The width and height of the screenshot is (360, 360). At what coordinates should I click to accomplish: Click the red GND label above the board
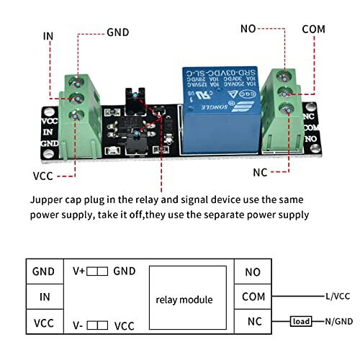[118, 32]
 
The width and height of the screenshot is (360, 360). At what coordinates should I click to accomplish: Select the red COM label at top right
[314, 29]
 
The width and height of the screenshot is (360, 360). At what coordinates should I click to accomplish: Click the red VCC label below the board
[43, 176]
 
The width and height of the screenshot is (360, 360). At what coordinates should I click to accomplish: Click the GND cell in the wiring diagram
[43, 271]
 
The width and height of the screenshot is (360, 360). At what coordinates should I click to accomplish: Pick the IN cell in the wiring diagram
[43, 297]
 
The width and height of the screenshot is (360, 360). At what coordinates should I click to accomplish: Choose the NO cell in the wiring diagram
[253, 272]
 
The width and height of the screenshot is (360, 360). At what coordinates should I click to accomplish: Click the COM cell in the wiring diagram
[253, 297]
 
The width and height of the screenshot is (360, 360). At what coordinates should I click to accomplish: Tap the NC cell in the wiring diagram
[253, 322]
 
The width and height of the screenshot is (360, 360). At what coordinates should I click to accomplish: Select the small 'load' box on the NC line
[302, 321]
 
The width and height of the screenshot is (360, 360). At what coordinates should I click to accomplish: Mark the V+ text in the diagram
[79, 271]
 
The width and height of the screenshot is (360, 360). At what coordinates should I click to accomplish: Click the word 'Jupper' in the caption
[47, 199]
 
